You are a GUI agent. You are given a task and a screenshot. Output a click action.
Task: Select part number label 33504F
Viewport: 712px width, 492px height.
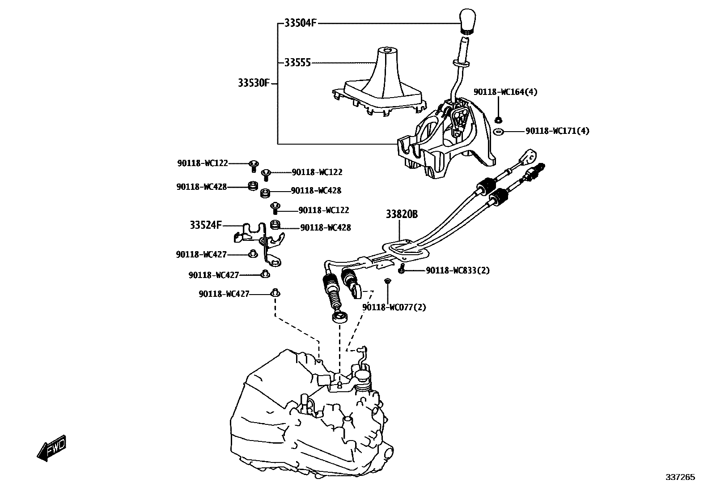pos(300,23)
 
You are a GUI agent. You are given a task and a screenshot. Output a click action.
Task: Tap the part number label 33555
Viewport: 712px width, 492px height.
pos(297,63)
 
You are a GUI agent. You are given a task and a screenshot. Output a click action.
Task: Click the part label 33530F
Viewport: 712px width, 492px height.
pos(254,83)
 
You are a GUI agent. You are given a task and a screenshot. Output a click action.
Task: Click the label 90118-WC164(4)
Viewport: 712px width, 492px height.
pos(505,92)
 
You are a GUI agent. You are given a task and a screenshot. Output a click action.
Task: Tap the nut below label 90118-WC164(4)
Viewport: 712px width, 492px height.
pos(499,120)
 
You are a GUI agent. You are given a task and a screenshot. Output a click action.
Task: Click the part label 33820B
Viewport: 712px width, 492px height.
pos(402,215)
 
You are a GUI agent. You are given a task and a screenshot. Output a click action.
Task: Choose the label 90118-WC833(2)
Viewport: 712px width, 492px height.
pos(458,270)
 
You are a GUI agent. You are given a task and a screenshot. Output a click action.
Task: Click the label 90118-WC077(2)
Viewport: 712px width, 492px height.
pos(394,308)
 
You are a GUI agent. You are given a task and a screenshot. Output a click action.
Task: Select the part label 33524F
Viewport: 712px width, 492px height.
pos(206,225)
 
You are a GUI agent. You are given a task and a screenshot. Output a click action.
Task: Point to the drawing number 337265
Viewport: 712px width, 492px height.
pos(680,477)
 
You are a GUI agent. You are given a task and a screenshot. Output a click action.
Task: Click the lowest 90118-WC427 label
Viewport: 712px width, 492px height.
pos(224,294)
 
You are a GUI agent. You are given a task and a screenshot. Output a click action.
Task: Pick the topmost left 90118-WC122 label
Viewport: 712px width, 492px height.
pos(203,163)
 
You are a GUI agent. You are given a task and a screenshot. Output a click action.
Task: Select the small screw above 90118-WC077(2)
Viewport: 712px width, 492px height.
pos(387,281)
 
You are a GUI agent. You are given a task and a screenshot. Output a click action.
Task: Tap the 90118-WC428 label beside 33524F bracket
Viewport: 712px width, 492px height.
pos(326,227)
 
